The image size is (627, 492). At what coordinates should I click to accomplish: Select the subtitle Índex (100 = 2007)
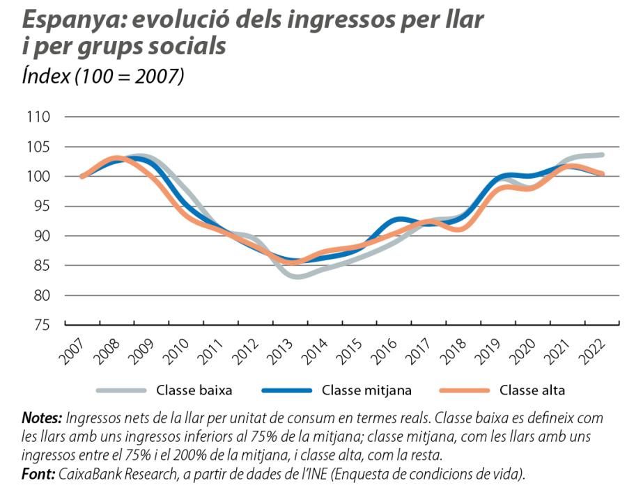coord(103,76)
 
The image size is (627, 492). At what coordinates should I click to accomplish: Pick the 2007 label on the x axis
coord(72,352)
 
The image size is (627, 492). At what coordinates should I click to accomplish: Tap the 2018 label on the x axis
coord(455,352)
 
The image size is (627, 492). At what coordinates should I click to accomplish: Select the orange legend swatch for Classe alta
coord(463,390)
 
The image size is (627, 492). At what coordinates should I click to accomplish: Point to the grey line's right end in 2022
coord(601,154)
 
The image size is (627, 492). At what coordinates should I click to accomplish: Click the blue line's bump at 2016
coord(403,220)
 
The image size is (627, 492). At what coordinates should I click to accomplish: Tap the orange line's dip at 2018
coord(459,228)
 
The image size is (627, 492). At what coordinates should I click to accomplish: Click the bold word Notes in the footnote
coord(42,418)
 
